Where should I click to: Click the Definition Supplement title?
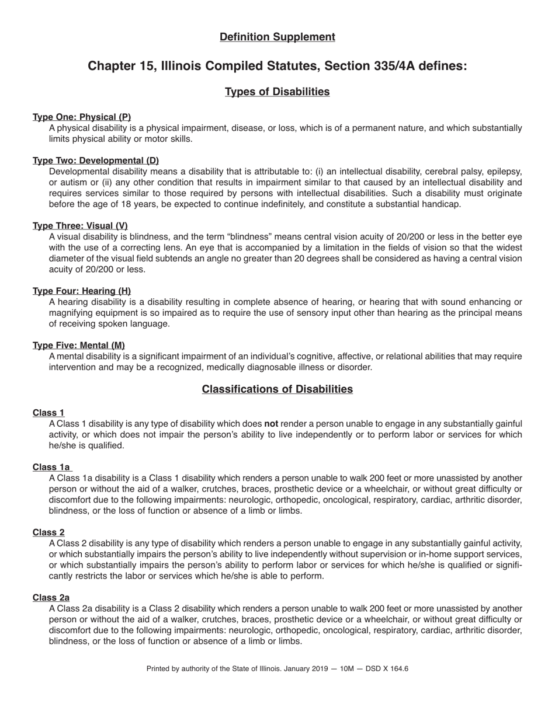click(x=277, y=37)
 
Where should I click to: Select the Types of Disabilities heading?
click(x=277, y=92)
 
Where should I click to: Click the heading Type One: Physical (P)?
click(x=82, y=117)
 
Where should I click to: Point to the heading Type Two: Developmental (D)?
click(x=96, y=161)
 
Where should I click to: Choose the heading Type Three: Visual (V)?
click(x=80, y=226)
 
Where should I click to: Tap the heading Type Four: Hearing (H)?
click(x=82, y=291)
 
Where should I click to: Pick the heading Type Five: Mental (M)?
click(x=79, y=345)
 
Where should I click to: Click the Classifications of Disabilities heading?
click(x=277, y=389)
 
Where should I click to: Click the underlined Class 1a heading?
click(x=51, y=467)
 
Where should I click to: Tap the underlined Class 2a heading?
click(x=51, y=597)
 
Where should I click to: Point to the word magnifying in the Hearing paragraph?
click(x=71, y=313)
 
